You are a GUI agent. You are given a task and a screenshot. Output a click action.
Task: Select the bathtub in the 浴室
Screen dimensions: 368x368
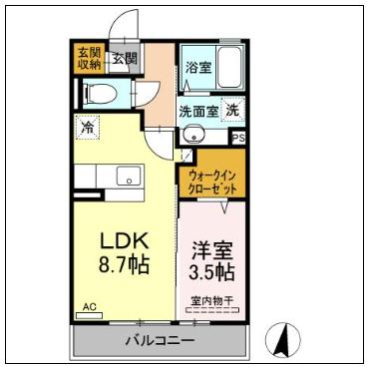point(228,68)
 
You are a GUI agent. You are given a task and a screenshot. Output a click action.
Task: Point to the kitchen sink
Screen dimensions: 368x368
point(129,178)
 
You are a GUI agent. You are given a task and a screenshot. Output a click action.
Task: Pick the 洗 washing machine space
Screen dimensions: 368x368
point(231,111)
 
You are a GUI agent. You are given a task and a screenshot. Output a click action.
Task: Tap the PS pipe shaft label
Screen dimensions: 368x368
point(238,139)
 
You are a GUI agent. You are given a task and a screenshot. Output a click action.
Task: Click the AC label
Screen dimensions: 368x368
point(88,308)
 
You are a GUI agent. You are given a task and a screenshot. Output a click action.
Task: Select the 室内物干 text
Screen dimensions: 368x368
point(211,299)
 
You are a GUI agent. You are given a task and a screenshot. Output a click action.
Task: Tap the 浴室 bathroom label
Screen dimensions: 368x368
point(197,68)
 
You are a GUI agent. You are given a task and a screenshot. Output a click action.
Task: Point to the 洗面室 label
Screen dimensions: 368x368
point(198,110)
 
